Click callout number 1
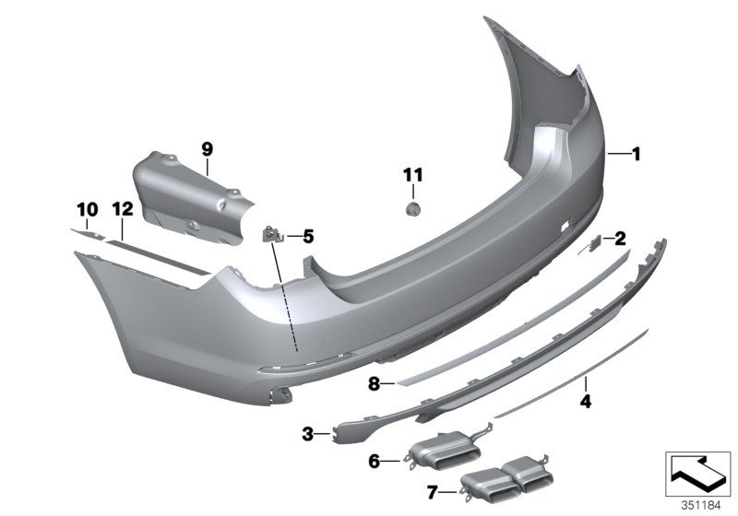[635, 155]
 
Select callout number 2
[621, 239]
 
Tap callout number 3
[308, 431]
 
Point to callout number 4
[585, 400]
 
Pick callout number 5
[307, 237]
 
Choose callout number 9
[207, 148]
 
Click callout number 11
[411, 174]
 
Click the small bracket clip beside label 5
[274, 235]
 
